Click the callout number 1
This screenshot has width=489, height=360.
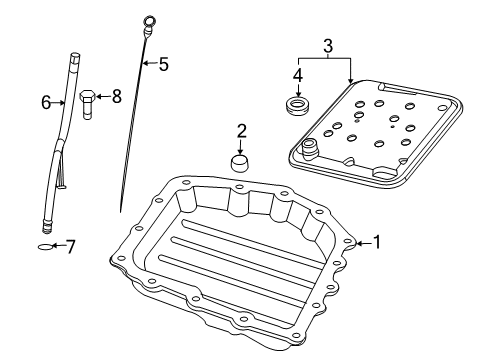(376, 241)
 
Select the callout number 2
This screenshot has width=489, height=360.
(241, 130)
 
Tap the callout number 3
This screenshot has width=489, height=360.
(327, 45)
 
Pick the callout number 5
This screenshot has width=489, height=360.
(163, 65)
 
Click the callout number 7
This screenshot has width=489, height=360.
(70, 245)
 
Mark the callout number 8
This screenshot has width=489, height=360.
(116, 96)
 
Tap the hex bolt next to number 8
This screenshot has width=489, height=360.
(88, 103)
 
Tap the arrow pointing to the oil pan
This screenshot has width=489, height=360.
(362, 241)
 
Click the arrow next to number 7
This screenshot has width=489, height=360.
(59, 245)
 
